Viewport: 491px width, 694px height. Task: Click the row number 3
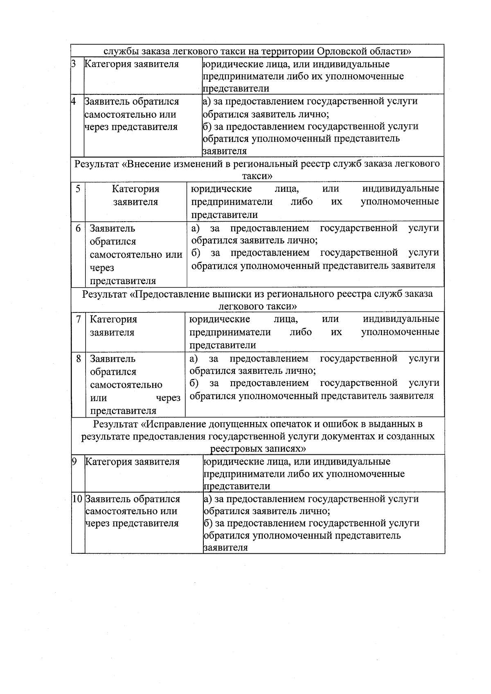click(x=74, y=64)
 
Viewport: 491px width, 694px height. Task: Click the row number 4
click(x=74, y=101)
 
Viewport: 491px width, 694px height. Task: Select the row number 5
click(x=78, y=189)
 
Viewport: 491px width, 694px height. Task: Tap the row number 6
click(x=78, y=228)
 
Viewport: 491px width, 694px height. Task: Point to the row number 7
click(x=79, y=319)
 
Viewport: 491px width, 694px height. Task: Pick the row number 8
click(x=79, y=359)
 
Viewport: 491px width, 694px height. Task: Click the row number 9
click(x=74, y=462)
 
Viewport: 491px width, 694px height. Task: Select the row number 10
click(x=78, y=499)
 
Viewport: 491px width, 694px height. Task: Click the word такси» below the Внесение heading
click(x=257, y=176)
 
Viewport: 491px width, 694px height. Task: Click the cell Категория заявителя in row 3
click(x=132, y=64)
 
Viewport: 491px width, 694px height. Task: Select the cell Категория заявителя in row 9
click(x=133, y=462)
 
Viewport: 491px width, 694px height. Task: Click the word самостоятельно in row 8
click(x=126, y=385)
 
